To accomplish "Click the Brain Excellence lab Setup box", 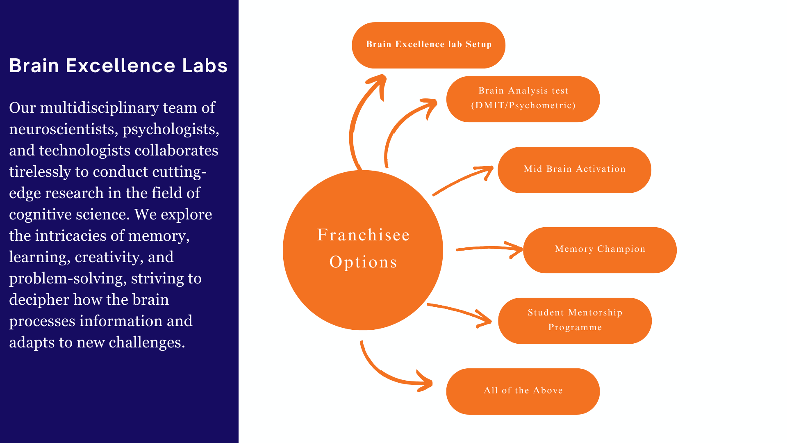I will coord(428,45).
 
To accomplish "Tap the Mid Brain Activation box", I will coord(574,170).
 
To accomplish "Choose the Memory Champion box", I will coord(600,250).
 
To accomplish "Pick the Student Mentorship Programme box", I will coord(575,320).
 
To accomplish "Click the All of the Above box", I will coord(523,391).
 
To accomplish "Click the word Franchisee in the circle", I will coord(363,235).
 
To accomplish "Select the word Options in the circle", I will coord(363,262).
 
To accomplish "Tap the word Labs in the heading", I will coord(205,66).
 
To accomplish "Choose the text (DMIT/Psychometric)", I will coord(523,105).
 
